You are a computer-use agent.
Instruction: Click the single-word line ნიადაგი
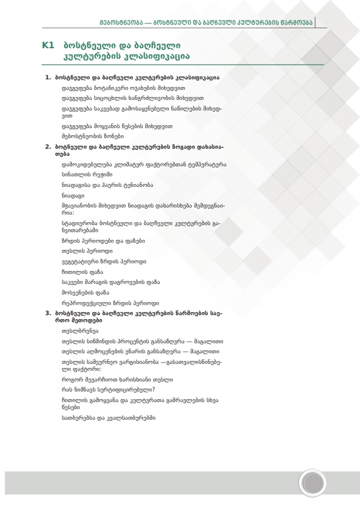coord(73,195)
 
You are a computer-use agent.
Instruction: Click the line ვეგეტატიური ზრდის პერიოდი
coord(104,261)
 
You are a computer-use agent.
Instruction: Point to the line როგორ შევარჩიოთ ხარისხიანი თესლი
coord(117,379)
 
